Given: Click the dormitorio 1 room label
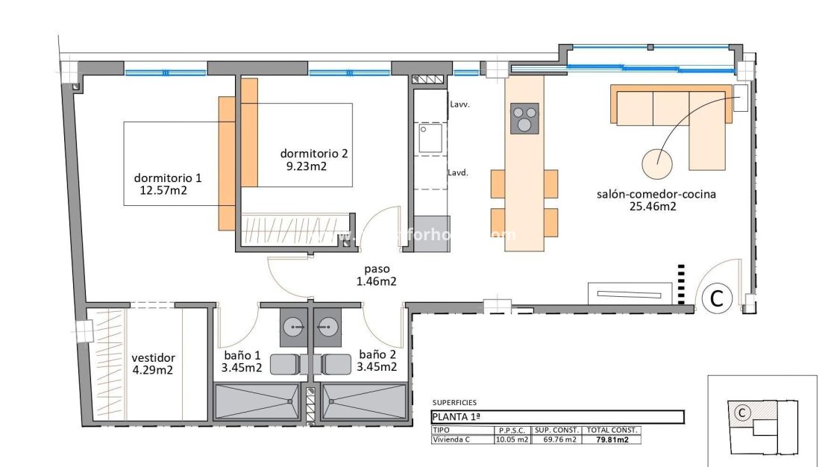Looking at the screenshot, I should click(168, 178).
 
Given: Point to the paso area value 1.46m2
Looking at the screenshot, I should click(376, 281).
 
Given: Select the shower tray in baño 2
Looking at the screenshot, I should click(366, 403).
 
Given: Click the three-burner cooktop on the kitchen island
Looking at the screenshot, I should click(524, 118).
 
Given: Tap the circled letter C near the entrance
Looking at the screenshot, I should click(716, 299).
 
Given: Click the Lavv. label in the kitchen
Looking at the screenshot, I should click(459, 105).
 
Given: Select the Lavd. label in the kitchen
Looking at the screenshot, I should click(458, 172).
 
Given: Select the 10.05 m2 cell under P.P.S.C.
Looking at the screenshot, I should click(512, 439).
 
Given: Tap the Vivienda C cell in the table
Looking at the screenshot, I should click(452, 439).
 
